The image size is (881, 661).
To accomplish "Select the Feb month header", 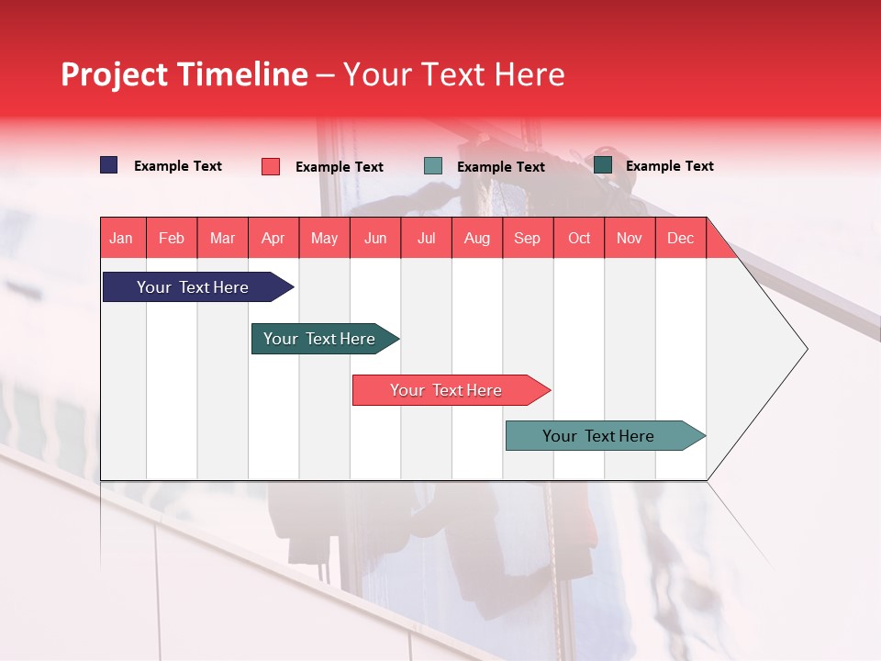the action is click(x=172, y=238).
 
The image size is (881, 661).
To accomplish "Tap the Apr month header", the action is click(x=273, y=238).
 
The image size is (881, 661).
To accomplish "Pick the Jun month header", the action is click(x=375, y=238).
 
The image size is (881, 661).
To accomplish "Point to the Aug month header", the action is click(x=477, y=238).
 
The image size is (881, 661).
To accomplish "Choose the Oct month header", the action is click(x=579, y=238).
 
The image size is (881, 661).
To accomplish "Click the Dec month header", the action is click(x=680, y=238).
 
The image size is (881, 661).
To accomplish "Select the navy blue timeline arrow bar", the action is click(x=198, y=286).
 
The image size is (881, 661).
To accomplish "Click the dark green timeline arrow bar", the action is click(x=325, y=339).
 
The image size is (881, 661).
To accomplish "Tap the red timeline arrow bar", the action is click(x=452, y=390).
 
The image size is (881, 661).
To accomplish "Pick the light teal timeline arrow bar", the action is click(x=606, y=435).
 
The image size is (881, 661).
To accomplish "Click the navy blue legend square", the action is click(x=108, y=164).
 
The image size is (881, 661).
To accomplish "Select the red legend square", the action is click(x=270, y=166).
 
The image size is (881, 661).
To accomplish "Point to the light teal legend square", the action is click(x=432, y=166).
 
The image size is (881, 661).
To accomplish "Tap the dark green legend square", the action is click(x=603, y=164).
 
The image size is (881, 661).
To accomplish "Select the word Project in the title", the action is click(x=114, y=74).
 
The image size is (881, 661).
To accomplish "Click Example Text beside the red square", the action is click(x=340, y=167).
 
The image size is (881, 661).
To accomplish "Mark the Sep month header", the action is click(x=528, y=238).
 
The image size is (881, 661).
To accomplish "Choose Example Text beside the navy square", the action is click(x=177, y=166).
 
